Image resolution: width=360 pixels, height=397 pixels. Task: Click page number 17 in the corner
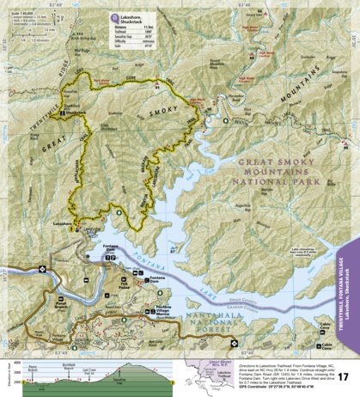click(x=343, y=376)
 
